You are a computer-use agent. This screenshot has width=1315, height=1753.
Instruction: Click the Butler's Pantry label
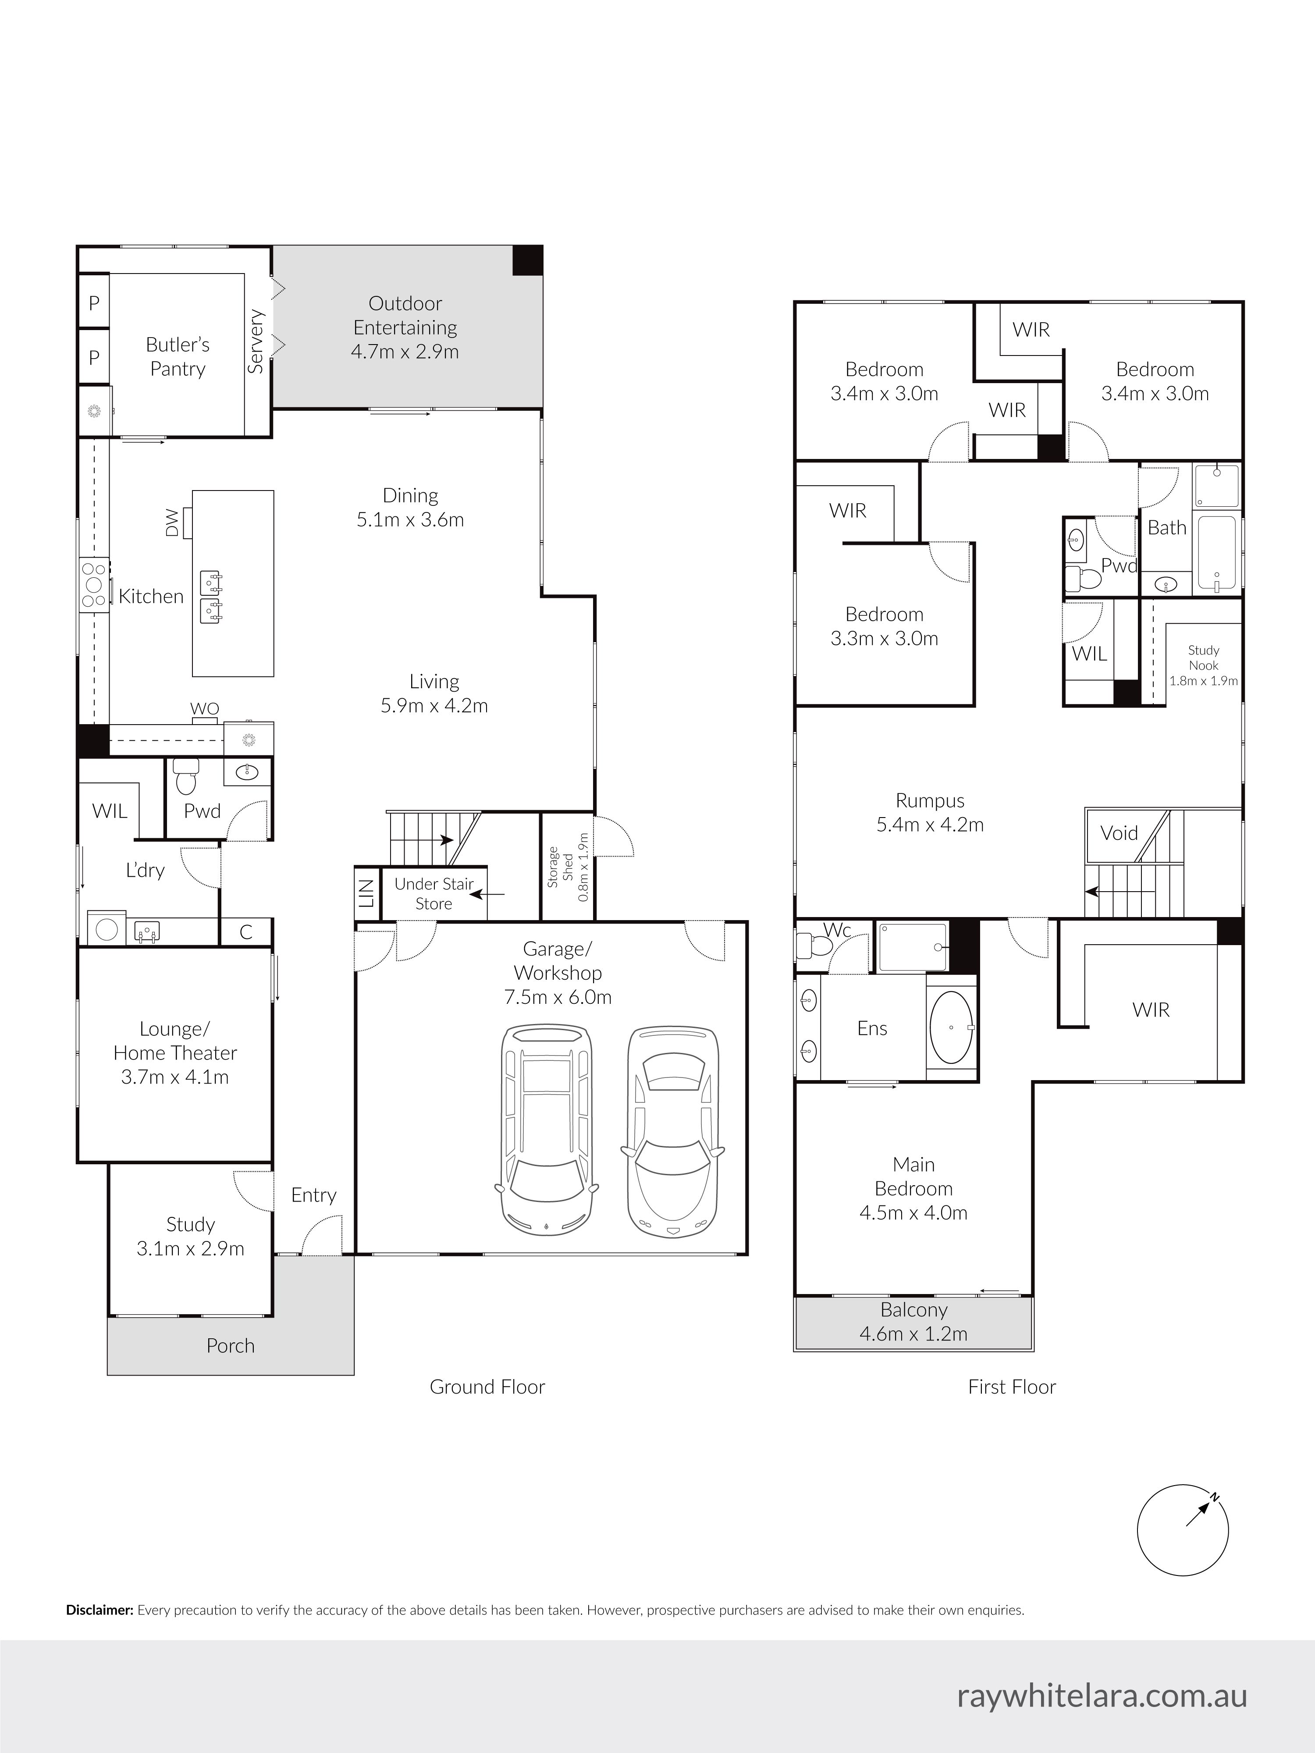[178, 357]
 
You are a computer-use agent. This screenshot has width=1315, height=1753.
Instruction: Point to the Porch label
[231, 1346]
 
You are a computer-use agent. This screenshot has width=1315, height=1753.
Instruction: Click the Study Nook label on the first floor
[1203, 658]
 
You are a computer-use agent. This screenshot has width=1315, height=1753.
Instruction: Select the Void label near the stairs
[1119, 833]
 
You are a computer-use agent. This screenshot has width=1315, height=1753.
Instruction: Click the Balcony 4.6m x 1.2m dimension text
[914, 1334]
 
